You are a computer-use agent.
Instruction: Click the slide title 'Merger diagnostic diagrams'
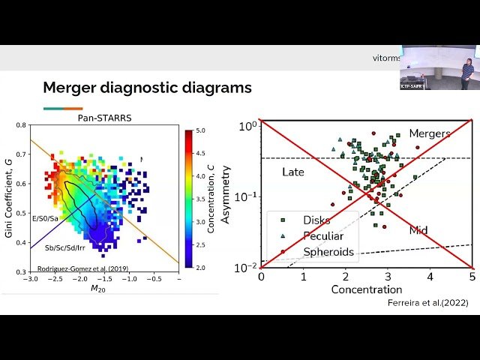pyautogui.click(x=147, y=88)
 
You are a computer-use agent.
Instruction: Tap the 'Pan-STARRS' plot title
pyautogui.click(x=100, y=117)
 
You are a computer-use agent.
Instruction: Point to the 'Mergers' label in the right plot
pyautogui.click(x=429, y=133)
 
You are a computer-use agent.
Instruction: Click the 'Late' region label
pyautogui.click(x=292, y=172)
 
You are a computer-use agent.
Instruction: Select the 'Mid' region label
pyautogui.click(x=418, y=230)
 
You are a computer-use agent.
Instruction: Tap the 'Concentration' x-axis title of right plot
pyautogui.click(x=366, y=289)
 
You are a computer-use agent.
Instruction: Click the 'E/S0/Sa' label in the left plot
pyautogui.click(x=46, y=217)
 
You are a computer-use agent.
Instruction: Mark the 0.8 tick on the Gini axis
pyautogui.click(x=22, y=125)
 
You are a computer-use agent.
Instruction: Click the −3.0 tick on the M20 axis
pyautogui.click(x=29, y=279)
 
